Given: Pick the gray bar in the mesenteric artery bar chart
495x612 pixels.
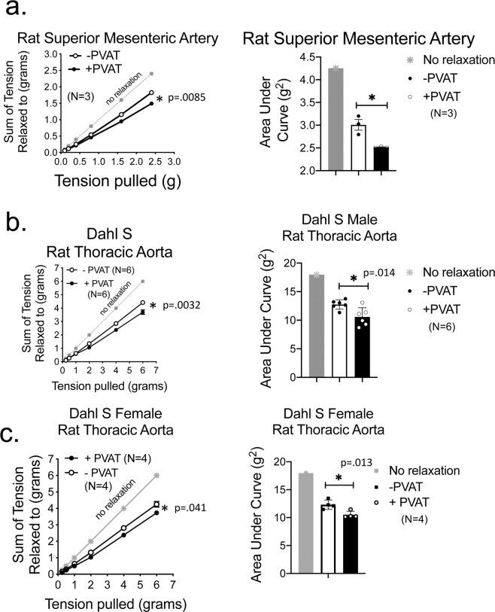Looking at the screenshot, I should click(x=336, y=119).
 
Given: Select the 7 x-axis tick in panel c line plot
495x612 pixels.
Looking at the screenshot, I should click(x=173, y=584).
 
